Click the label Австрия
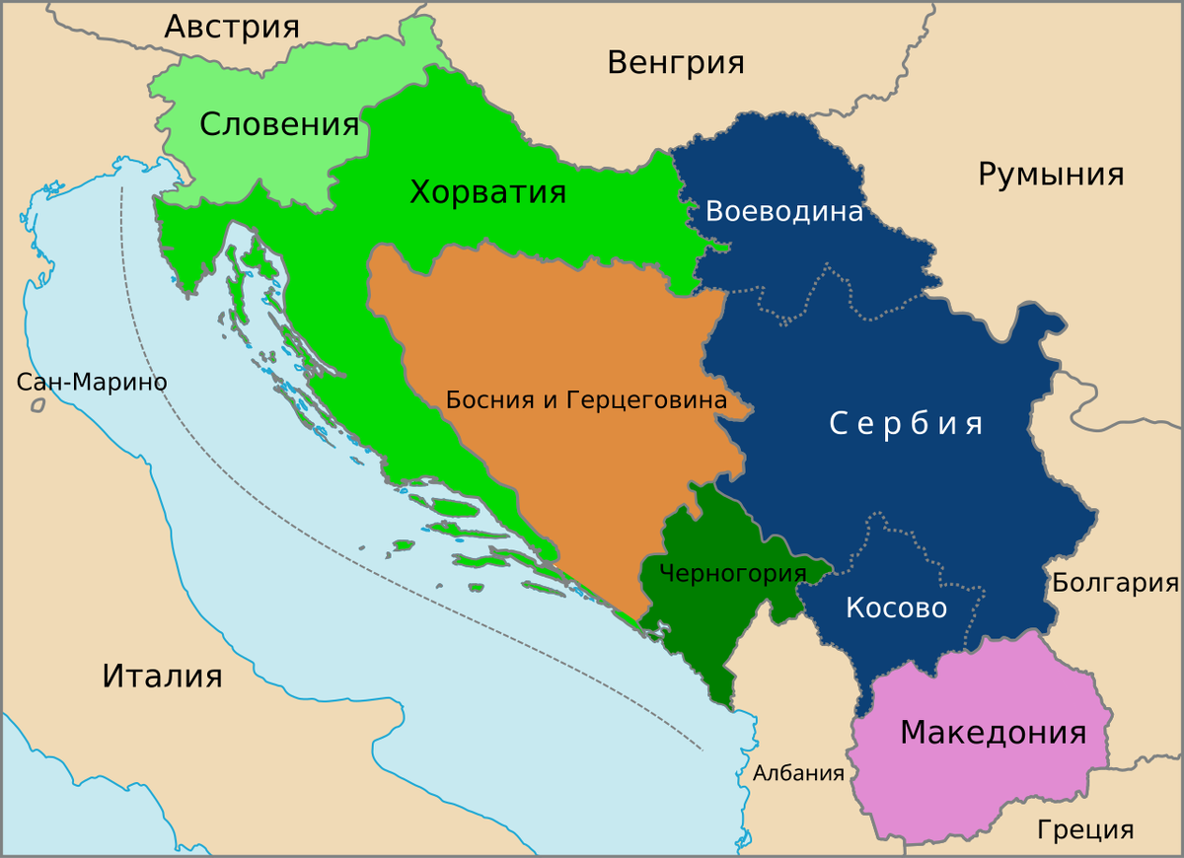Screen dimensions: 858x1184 231,27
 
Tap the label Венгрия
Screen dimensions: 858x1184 675,63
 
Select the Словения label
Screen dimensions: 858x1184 279,125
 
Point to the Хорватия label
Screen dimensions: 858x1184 487,191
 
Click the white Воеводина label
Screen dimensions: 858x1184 784,212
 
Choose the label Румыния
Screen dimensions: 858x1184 1051,175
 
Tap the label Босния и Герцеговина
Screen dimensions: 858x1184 586,400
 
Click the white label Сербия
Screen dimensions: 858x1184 906,424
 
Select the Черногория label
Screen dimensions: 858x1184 732,573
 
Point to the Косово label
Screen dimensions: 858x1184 896,608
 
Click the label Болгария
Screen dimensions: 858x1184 1115,583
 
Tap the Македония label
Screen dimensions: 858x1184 993,733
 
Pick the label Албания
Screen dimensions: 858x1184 798,773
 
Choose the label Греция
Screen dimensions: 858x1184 1085,829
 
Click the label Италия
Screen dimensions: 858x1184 162,677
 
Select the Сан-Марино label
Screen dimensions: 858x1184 92,383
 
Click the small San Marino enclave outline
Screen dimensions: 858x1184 38,404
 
